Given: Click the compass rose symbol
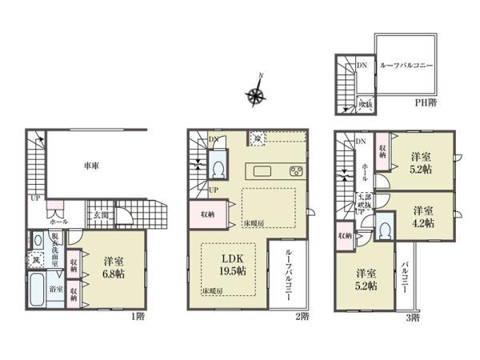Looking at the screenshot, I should (x=258, y=96).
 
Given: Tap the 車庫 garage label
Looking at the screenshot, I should (x=92, y=166).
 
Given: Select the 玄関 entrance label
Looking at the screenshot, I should (x=95, y=215).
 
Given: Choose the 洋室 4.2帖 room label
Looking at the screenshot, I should (x=424, y=215).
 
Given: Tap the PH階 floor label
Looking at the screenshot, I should (x=426, y=102).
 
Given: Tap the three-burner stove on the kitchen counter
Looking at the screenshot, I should (x=295, y=171).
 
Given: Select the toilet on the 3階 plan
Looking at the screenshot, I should (x=385, y=230).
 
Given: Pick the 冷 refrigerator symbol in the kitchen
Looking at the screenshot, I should (x=258, y=137).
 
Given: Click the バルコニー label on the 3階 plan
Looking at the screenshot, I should (x=407, y=282).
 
